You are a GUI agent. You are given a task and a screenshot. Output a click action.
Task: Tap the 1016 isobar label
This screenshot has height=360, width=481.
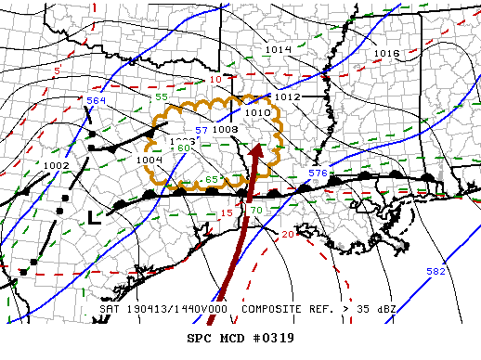tap(386, 54)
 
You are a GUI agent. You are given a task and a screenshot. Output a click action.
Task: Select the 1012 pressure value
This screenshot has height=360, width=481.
tap(287, 96)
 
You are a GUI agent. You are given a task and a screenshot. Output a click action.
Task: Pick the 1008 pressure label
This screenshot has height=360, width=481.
tap(226, 129)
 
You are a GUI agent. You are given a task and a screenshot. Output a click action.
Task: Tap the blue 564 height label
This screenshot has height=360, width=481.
tap(97, 100)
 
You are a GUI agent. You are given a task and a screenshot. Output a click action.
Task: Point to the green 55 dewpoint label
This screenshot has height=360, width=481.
tap(161, 96)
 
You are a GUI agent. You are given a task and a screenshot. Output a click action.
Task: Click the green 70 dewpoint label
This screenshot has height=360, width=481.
tap(256, 211)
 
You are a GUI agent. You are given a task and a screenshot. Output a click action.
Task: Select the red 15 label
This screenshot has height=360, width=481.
tap(227, 214)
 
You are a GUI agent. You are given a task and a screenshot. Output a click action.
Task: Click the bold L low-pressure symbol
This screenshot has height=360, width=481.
tap(93, 217)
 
